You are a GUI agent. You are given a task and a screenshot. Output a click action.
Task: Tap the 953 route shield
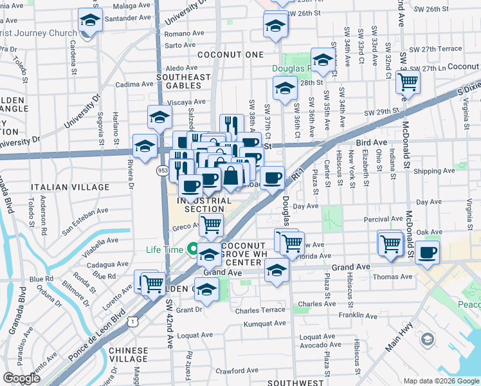163,170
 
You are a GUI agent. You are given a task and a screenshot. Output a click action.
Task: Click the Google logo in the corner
21,378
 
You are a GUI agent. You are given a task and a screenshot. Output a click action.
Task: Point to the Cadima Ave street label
134,84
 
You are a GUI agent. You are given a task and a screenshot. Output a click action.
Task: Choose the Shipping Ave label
434,171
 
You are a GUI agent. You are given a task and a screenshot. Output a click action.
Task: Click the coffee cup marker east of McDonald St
426,252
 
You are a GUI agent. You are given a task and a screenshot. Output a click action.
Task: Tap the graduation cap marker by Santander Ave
90,21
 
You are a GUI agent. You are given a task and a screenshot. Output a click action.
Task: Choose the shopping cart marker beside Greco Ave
210,225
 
